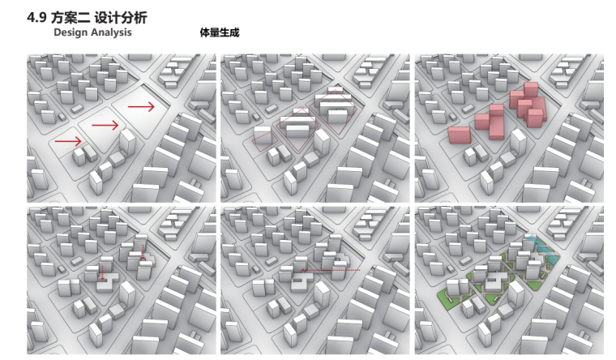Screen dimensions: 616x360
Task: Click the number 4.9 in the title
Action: [x=37, y=17]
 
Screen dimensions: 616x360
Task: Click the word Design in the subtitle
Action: [x=71, y=32]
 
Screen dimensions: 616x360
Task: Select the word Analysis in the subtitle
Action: [x=109, y=32]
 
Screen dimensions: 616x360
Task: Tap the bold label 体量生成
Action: [x=219, y=33]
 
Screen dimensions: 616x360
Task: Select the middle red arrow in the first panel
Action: [x=105, y=125]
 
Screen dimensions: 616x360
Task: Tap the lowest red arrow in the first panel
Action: [x=67, y=142]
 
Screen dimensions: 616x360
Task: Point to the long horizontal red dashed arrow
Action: [x=331, y=270]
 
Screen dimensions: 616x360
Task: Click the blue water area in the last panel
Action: [x=540, y=247]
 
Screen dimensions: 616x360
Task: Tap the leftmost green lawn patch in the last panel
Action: [x=447, y=291]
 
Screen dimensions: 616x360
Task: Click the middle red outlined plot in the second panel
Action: [x=297, y=128]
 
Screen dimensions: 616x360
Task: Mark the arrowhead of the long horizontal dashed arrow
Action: [x=302, y=270]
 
